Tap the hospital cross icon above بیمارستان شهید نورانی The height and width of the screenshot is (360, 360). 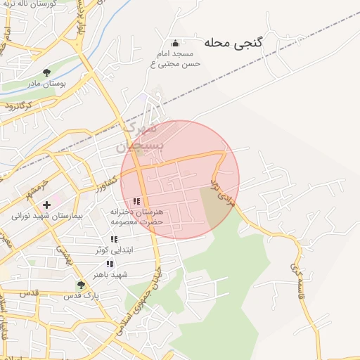point(46,205)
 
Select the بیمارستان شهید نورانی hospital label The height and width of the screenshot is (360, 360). point(46,217)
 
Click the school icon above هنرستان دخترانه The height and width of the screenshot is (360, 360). point(136,201)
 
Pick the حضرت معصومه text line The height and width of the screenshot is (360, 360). point(136,221)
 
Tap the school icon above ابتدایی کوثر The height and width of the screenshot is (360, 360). point(114,240)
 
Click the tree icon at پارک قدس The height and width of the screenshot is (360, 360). point(80,285)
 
